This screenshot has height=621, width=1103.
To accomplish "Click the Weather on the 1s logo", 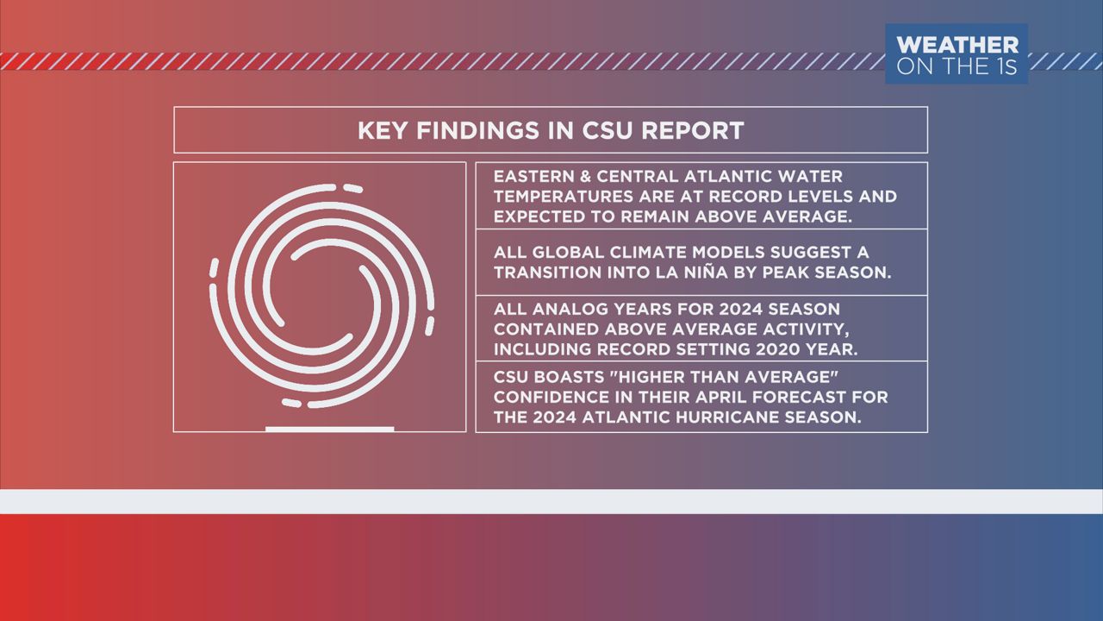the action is [957, 53].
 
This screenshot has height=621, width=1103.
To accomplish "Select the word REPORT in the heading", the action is [692, 130].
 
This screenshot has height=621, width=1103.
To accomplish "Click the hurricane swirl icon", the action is [322, 296].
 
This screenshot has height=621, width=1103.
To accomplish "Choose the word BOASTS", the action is [568, 377].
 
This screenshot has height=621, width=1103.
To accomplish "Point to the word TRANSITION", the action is [549, 272].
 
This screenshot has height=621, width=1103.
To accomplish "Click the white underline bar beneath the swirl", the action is [330, 430].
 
